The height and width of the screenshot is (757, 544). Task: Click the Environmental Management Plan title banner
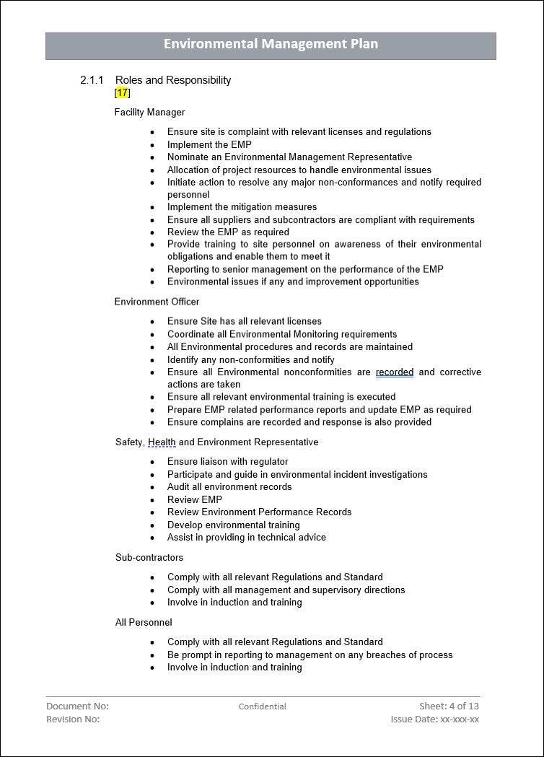pyautogui.click(x=271, y=45)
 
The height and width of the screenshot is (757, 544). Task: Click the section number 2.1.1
pyautogui.click(x=92, y=80)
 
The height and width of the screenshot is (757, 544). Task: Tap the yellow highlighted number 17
pyautogui.click(x=123, y=92)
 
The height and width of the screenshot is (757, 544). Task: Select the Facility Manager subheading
pyautogui.click(x=149, y=112)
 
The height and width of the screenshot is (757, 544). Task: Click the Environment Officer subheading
pyautogui.click(x=157, y=302)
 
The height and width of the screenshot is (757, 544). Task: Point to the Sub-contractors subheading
pyautogui.click(x=149, y=557)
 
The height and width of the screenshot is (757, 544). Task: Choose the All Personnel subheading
pyautogui.click(x=144, y=622)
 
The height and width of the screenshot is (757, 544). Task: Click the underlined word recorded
pyautogui.click(x=395, y=372)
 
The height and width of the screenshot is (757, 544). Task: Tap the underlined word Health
pyautogui.click(x=162, y=442)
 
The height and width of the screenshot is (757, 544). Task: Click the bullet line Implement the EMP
pyautogui.click(x=209, y=144)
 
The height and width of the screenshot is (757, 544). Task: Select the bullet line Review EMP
pyautogui.click(x=195, y=499)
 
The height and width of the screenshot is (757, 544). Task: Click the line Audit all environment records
pyautogui.click(x=229, y=487)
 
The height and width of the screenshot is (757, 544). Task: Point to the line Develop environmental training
pyautogui.click(x=234, y=525)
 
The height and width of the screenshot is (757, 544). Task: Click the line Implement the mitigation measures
pyautogui.click(x=242, y=207)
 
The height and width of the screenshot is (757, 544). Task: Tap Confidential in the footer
pyautogui.click(x=263, y=706)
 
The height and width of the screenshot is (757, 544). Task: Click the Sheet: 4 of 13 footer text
pyautogui.click(x=449, y=706)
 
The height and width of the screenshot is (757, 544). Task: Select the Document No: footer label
pyautogui.click(x=77, y=706)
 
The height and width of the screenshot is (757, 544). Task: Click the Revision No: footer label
pyautogui.click(x=73, y=719)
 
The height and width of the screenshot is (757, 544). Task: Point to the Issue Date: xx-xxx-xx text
pyautogui.click(x=434, y=719)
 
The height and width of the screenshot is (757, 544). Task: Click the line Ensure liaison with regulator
pyautogui.click(x=227, y=462)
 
